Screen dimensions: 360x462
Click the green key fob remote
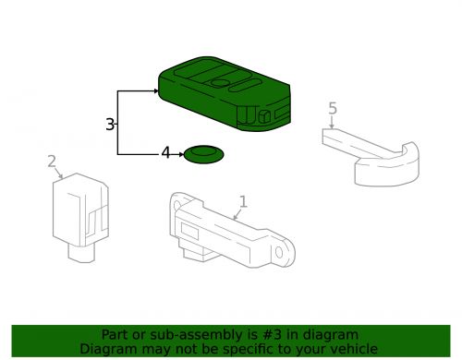222,92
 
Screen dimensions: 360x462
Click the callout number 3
110,124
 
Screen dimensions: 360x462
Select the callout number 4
166,153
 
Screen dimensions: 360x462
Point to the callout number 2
52,162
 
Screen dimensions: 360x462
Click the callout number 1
243,201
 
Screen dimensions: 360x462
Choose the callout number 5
333,110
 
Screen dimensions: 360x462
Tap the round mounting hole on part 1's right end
285,248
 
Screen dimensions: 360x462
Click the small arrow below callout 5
332,124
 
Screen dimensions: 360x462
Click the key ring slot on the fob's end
264,115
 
